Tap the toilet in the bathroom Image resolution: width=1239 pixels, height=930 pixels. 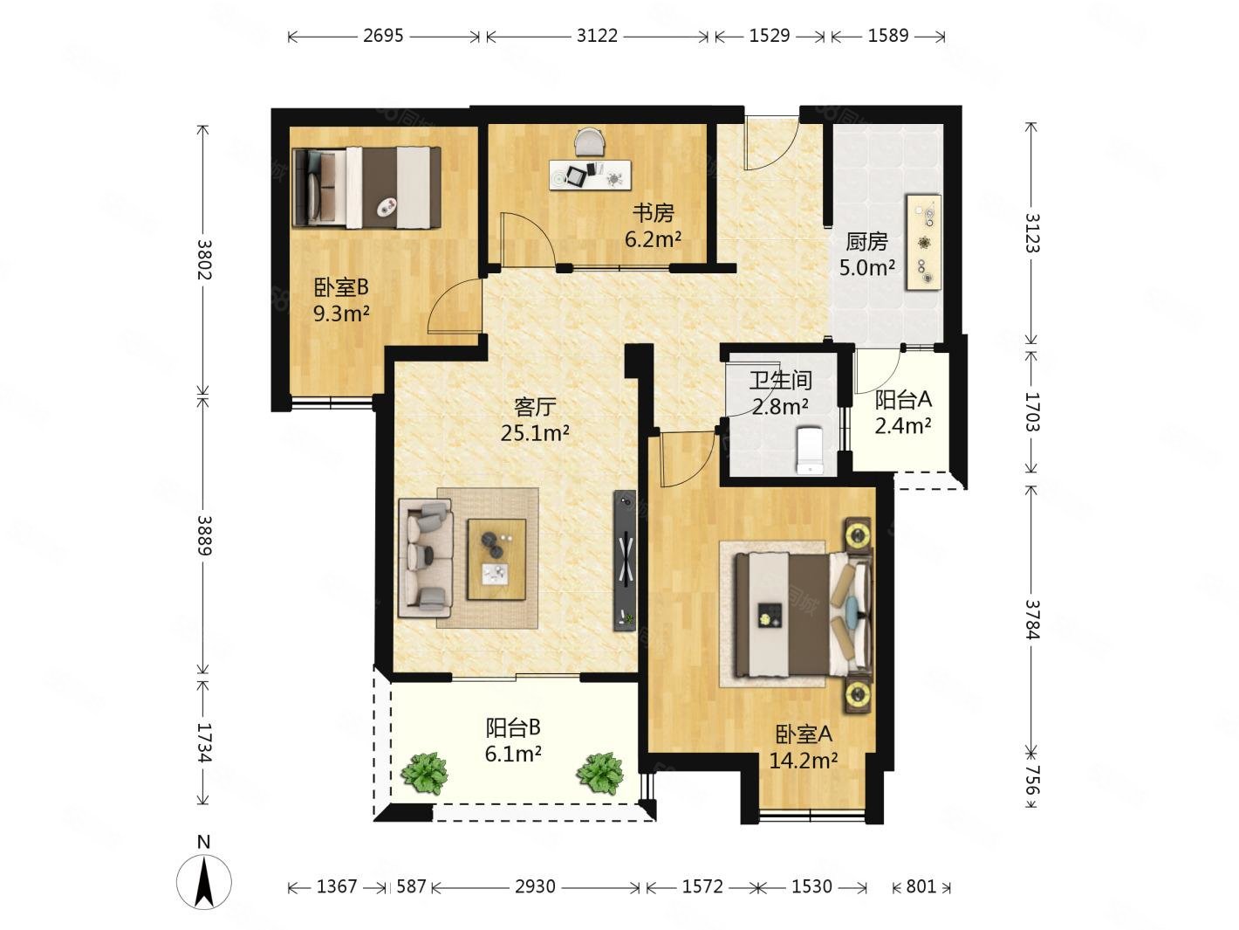pos(810,450)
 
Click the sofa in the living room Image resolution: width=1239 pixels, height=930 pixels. pos(426,557)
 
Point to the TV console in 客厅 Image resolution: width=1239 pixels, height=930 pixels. pos(625,560)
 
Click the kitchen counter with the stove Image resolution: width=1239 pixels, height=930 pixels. pos(923,242)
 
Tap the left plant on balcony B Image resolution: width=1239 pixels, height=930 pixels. pos(424,773)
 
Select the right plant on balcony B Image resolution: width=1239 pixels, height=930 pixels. pos(600,773)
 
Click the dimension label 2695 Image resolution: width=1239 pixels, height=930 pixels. pos(383,36)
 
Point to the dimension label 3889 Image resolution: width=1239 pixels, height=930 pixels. pos(204,535)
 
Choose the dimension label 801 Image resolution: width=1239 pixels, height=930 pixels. pos(921,886)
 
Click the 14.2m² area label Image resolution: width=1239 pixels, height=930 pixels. pos(804,761)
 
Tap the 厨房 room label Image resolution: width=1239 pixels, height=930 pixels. pos(866,242)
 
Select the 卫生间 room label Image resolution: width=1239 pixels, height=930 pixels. pos(780,381)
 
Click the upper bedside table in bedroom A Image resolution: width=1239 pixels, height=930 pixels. pos(859,534)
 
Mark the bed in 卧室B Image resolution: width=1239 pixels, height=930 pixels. pos(367,188)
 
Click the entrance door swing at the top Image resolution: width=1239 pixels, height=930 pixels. pos(770,142)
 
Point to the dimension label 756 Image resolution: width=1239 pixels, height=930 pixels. pos(1032,781)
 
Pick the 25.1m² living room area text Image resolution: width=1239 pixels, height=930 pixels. pos(535,433)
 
